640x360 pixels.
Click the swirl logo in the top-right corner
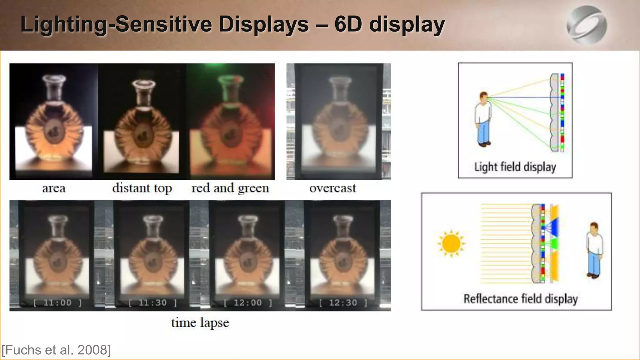pyautogui.click(x=587, y=25)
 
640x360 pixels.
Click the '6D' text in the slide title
pyautogui.click(x=348, y=24)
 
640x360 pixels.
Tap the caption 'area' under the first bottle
pyautogui.click(x=54, y=188)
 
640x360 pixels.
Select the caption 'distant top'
pyautogui.click(x=142, y=188)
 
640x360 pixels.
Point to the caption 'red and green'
pyautogui.click(x=230, y=188)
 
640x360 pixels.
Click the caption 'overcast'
pyautogui.click(x=332, y=188)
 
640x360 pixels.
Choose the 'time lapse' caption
pyautogui.click(x=200, y=322)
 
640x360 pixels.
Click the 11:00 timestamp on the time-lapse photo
pyautogui.click(x=57, y=302)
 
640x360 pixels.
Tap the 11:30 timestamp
pyautogui.click(x=153, y=302)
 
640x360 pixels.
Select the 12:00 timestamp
pyautogui.click(x=248, y=302)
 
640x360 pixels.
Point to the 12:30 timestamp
pyautogui.click(x=343, y=302)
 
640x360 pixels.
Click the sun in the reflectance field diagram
pyautogui.click(x=451, y=243)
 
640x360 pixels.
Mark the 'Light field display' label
pyautogui.click(x=515, y=167)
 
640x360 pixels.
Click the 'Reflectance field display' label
pyautogui.click(x=520, y=299)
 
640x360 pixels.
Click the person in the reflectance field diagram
pyautogui.click(x=594, y=250)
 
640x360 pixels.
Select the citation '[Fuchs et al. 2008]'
pyautogui.click(x=56, y=350)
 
